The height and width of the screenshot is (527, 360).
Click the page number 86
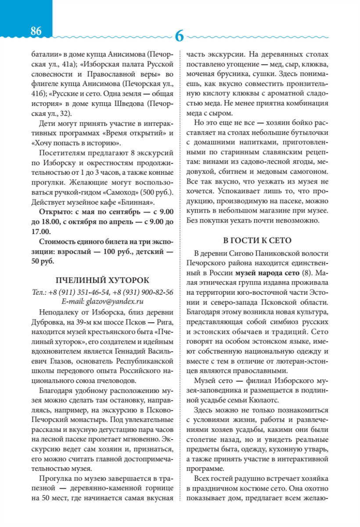pyautogui.click(x=36, y=31)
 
